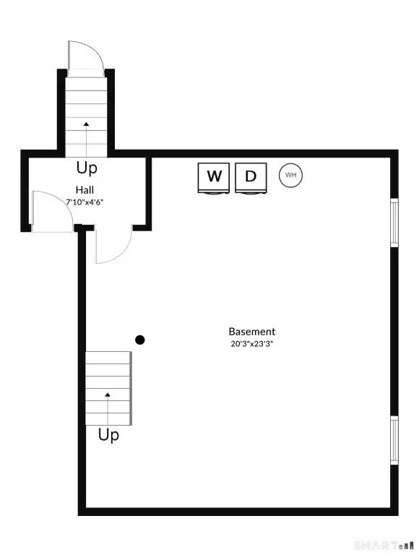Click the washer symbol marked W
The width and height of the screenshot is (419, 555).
[213, 178]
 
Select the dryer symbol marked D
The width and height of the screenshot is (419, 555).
[251, 178]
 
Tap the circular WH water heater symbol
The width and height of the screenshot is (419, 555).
[290, 175]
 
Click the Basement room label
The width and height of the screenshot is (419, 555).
[251, 332]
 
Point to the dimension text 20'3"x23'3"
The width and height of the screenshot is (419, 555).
[251, 344]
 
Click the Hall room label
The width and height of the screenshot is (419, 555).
[85, 190]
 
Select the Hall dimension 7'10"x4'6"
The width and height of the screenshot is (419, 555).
[85, 202]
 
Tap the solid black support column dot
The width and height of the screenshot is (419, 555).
[140, 340]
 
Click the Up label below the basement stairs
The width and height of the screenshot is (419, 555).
[108, 434]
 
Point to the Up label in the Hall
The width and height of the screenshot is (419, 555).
[87, 168]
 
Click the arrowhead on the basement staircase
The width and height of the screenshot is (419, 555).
[108, 395]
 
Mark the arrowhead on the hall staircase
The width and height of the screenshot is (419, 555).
[87, 124]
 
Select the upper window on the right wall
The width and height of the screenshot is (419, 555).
[394, 223]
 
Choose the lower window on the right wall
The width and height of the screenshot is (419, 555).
[394, 440]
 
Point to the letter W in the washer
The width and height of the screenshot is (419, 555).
[214, 176]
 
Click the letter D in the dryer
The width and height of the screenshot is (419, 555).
[251, 176]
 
